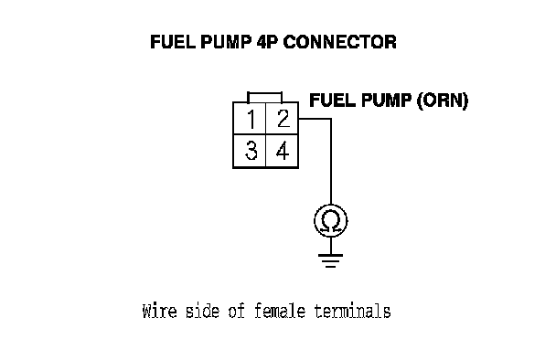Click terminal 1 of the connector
coord(250,119)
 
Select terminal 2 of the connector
coord(283,119)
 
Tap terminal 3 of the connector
coord(250,151)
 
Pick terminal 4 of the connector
coord(283,151)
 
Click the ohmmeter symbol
coord(330,221)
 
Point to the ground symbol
coord(330,260)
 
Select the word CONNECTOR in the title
coord(339,42)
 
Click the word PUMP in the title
coord(226,42)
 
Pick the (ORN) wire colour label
coord(443,101)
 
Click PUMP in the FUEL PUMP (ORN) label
coord(386,101)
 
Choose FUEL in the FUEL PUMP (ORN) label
coord(333,101)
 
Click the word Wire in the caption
coord(159,311)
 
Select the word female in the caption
coord(280,311)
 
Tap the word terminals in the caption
coord(352,311)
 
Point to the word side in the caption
coord(202,311)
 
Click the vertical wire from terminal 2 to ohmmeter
coord(331,162)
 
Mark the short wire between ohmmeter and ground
coord(331,246)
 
